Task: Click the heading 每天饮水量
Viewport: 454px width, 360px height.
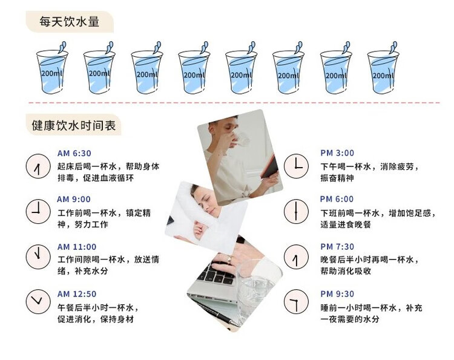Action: click(70, 22)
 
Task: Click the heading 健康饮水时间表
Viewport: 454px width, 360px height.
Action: click(74, 125)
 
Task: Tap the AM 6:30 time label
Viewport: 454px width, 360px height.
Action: click(74, 153)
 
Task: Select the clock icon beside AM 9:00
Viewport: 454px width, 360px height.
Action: click(38, 211)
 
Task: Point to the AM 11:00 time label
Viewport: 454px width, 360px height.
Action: click(77, 247)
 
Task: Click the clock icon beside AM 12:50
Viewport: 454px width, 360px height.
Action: click(38, 301)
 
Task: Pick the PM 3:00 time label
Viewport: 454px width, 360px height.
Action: click(337, 153)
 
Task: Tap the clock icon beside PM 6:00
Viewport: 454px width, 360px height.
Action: click(296, 211)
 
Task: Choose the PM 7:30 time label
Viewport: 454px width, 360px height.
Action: click(337, 247)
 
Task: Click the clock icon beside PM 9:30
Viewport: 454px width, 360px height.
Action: click(296, 301)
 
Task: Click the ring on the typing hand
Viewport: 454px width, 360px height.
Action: click(229, 260)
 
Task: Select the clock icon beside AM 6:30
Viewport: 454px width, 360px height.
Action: click(38, 166)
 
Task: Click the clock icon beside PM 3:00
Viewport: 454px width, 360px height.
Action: click(296, 166)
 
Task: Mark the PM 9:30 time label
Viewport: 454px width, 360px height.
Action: click(337, 293)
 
